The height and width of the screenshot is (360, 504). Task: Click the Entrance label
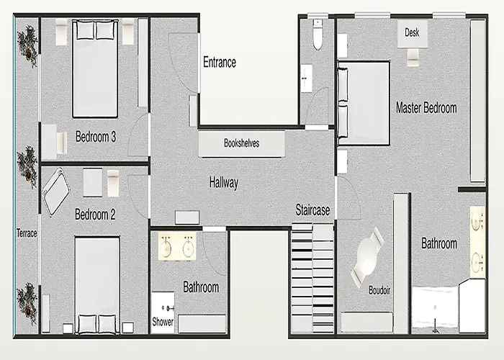[x=220, y=62]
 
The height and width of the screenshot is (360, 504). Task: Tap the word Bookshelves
[x=242, y=143]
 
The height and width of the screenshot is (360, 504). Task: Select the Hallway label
[x=224, y=183]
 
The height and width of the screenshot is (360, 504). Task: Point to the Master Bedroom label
[x=426, y=108]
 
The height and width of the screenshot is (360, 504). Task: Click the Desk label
[x=412, y=32]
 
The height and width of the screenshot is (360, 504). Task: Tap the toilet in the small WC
[x=318, y=35]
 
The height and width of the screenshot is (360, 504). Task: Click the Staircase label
[x=312, y=210]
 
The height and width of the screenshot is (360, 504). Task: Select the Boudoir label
[x=379, y=290]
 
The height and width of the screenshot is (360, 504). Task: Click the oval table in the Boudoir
[x=367, y=256]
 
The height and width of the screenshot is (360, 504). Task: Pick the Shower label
[x=163, y=321]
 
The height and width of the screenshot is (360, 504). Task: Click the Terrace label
[x=27, y=233]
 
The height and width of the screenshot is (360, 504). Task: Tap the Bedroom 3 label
[x=96, y=137]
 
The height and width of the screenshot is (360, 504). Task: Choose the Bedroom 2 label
[x=95, y=215]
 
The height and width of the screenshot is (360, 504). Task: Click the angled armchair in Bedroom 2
[x=56, y=192]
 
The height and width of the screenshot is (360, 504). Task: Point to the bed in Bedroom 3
[x=95, y=68]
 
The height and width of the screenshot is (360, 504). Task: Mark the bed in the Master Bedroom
[x=364, y=103]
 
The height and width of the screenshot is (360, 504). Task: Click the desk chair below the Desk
[x=413, y=58]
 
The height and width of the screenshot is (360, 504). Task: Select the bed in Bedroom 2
[x=97, y=285]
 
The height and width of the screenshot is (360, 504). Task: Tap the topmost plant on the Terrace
[x=28, y=47]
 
